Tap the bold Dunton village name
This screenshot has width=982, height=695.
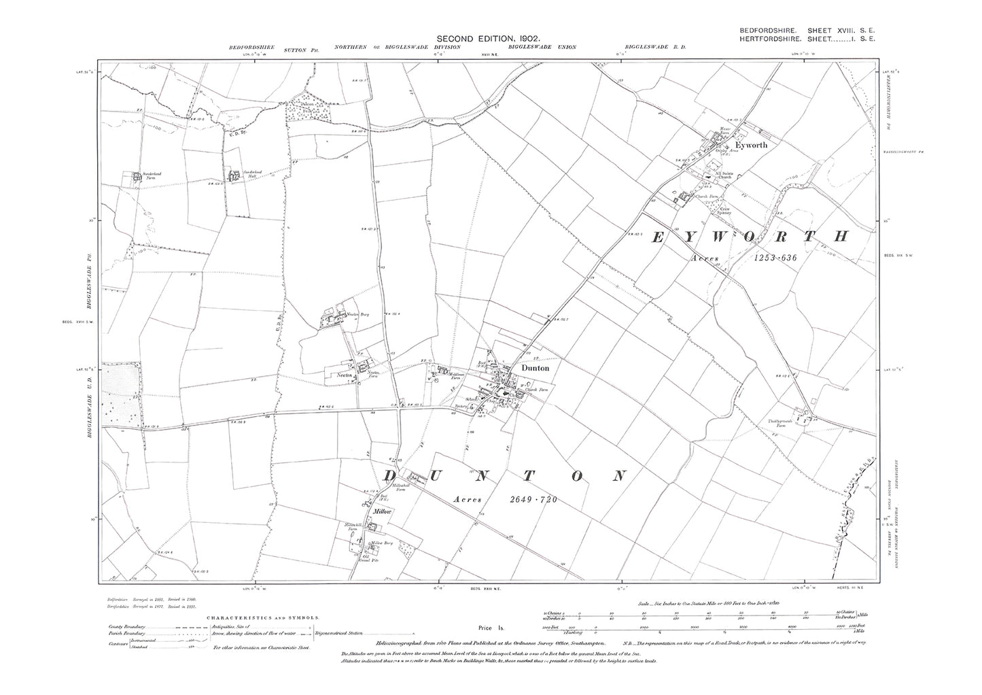(x=535, y=367)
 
